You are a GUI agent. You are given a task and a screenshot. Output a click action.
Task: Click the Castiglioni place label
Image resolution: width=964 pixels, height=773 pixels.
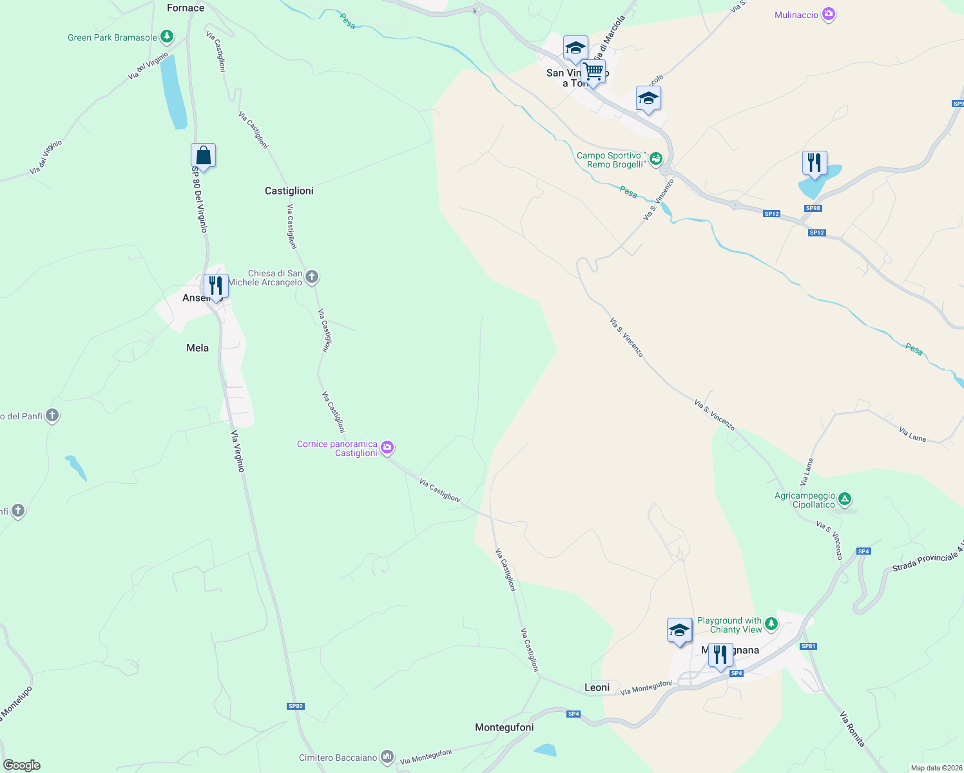pos(289,191)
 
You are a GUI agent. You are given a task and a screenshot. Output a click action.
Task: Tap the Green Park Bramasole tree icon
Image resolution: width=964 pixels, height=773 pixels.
pos(167,37)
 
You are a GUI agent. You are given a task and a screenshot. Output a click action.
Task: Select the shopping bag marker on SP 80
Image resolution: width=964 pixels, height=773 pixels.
pos(203,156)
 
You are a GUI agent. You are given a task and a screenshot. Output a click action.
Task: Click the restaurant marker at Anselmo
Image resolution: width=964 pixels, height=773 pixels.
pos(216,286)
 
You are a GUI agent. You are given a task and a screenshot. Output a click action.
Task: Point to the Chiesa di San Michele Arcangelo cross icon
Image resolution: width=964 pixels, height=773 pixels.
pos(312,278)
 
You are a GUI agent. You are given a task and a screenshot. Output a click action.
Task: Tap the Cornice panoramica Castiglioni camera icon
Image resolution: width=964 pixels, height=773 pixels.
pos(387,448)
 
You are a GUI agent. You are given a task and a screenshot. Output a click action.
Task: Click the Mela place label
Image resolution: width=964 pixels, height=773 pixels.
pos(197,348)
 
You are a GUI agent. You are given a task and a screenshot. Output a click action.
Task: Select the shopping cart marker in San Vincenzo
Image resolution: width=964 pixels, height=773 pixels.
pos(593,72)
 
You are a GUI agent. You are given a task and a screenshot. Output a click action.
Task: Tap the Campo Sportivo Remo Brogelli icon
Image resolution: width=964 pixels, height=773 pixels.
pos(656,159)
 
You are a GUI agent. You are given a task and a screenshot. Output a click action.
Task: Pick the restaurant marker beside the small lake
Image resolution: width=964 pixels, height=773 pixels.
pos(815,164)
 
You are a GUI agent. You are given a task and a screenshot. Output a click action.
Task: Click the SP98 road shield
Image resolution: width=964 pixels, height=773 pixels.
pos(813,208)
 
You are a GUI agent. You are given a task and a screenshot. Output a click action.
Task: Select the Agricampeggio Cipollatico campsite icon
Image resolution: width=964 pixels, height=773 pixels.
pos(845,499)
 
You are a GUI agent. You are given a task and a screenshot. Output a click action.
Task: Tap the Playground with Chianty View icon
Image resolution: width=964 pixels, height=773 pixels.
pos(771,624)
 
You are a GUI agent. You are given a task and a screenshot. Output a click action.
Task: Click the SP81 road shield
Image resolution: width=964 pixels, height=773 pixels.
pos(808,646)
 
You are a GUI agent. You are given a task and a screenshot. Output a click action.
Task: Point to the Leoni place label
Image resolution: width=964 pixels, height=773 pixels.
pos(597,687)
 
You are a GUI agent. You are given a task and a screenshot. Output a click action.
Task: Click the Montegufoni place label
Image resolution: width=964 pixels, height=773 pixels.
pos(504,727)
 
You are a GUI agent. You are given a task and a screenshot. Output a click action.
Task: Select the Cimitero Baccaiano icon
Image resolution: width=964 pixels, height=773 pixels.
pos(387,757)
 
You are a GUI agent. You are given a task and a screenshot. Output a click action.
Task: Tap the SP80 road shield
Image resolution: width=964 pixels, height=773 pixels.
pos(295,706)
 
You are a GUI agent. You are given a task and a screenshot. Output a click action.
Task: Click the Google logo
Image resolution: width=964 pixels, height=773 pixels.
pos(22,765)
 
